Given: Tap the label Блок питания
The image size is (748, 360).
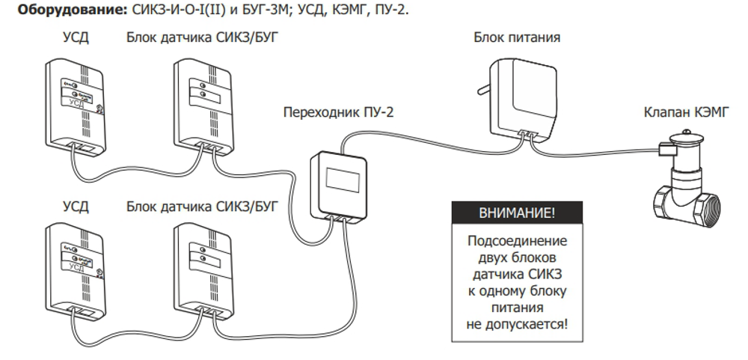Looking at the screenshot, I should coord(517,36).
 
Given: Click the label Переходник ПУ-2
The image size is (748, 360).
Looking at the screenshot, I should coord(338,113).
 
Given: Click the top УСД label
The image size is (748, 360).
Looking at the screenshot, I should coord(76,36).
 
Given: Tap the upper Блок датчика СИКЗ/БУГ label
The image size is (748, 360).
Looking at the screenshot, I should coord(203,36).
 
